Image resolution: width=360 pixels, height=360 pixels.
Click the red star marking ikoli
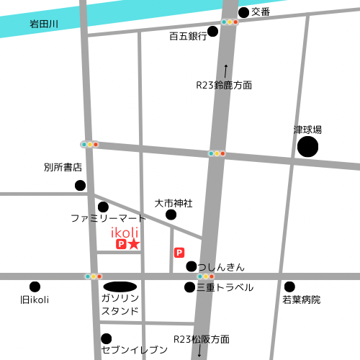coord(134,245)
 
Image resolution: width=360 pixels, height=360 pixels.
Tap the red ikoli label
coord(125,233)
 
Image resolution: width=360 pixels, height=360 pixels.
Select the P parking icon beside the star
coord(121,245)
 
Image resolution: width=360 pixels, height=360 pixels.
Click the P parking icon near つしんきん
coord(179,253)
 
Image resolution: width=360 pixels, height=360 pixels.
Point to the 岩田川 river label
coord(44,24)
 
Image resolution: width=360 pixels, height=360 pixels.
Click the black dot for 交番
coord(243,12)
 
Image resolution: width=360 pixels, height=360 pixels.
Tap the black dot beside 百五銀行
coord(212,31)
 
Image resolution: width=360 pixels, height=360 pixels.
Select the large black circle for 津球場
coord(307,147)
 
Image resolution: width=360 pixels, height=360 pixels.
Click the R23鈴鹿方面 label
coord(225,85)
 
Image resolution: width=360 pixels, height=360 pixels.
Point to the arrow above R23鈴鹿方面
coord(225,70)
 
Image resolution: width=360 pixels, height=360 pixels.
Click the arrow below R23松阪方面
coord(199,351)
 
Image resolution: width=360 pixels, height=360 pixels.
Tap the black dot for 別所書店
coord(80,186)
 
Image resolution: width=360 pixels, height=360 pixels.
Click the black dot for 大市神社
coord(171,215)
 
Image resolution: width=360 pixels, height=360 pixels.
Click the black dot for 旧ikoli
coord(35,287)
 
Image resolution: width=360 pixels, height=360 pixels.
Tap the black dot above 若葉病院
coord(289,287)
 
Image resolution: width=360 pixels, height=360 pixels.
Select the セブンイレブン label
coord(135,350)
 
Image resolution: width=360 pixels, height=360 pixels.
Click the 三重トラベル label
coord(225,287)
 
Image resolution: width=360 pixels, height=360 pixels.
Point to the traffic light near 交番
coord(230,22)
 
